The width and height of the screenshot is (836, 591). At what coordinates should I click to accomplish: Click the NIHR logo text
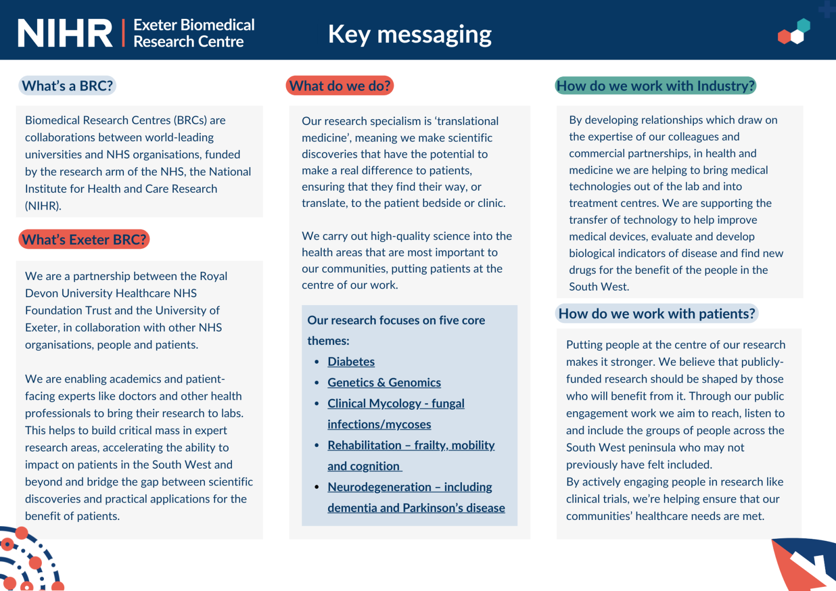tap(65, 33)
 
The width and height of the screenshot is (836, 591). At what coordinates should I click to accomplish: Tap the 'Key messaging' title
tap(410, 34)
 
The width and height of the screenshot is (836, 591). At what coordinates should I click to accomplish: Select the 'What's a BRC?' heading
tap(67, 86)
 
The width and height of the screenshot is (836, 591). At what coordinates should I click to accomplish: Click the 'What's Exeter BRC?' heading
tap(84, 239)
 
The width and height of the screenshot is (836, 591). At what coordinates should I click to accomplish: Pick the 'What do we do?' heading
tap(340, 86)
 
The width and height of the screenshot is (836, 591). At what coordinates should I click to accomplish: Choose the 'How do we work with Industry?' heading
tap(655, 86)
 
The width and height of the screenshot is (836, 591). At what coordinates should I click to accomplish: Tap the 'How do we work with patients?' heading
tap(656, 314)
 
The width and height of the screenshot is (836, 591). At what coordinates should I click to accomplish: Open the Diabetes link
tap(351, 362)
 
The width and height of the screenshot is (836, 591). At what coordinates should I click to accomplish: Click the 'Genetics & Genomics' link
tap(384, 383)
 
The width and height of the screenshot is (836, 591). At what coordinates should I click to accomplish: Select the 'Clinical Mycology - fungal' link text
tap(396, 403)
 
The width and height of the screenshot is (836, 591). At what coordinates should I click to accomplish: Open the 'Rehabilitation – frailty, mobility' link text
tap(411, 445)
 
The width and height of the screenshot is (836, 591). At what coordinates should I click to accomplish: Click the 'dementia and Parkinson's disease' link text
tap(416, 508)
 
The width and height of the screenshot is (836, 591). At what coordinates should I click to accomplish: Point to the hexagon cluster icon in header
tap(794, 32)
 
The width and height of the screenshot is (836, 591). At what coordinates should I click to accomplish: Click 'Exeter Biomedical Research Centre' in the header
tap(194, 33)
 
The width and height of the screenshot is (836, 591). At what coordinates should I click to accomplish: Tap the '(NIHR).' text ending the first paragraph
tap(43, 206)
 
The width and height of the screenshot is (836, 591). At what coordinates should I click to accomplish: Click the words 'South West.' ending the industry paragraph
tap(599, 286)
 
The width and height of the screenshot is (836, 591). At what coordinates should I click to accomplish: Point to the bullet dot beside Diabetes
tap(317, 362)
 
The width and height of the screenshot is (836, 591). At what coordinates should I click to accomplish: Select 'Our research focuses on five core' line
tap(396, 320)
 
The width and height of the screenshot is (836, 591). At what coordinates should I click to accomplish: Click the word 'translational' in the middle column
tap(468, 121)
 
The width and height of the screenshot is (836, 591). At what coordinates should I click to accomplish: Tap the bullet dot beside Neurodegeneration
tap(317, 487)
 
